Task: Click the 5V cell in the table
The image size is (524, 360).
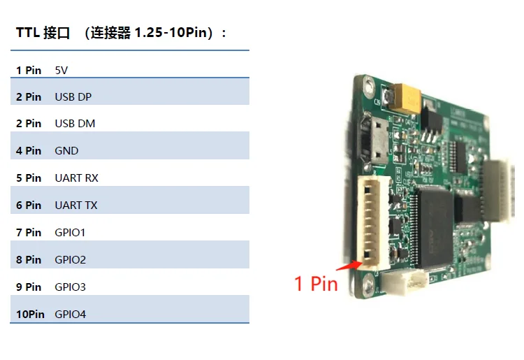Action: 61,69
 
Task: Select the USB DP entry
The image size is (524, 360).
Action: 73,96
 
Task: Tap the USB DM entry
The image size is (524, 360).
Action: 75,124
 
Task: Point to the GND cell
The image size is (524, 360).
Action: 66,151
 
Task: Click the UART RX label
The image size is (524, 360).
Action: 76,178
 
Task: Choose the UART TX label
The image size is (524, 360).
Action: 76,206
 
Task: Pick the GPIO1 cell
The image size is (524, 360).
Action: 70,232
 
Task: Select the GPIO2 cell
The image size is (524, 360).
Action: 70,260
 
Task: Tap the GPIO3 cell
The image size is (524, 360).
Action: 70,287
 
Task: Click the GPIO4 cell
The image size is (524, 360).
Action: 70,315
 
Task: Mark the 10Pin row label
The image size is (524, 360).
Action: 30,315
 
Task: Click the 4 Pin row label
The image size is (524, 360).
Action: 29,151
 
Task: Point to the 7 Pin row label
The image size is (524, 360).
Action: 29,232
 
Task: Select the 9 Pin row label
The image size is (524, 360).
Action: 29,287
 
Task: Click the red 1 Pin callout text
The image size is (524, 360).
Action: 316,284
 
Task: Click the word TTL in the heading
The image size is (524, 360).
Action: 27,33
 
